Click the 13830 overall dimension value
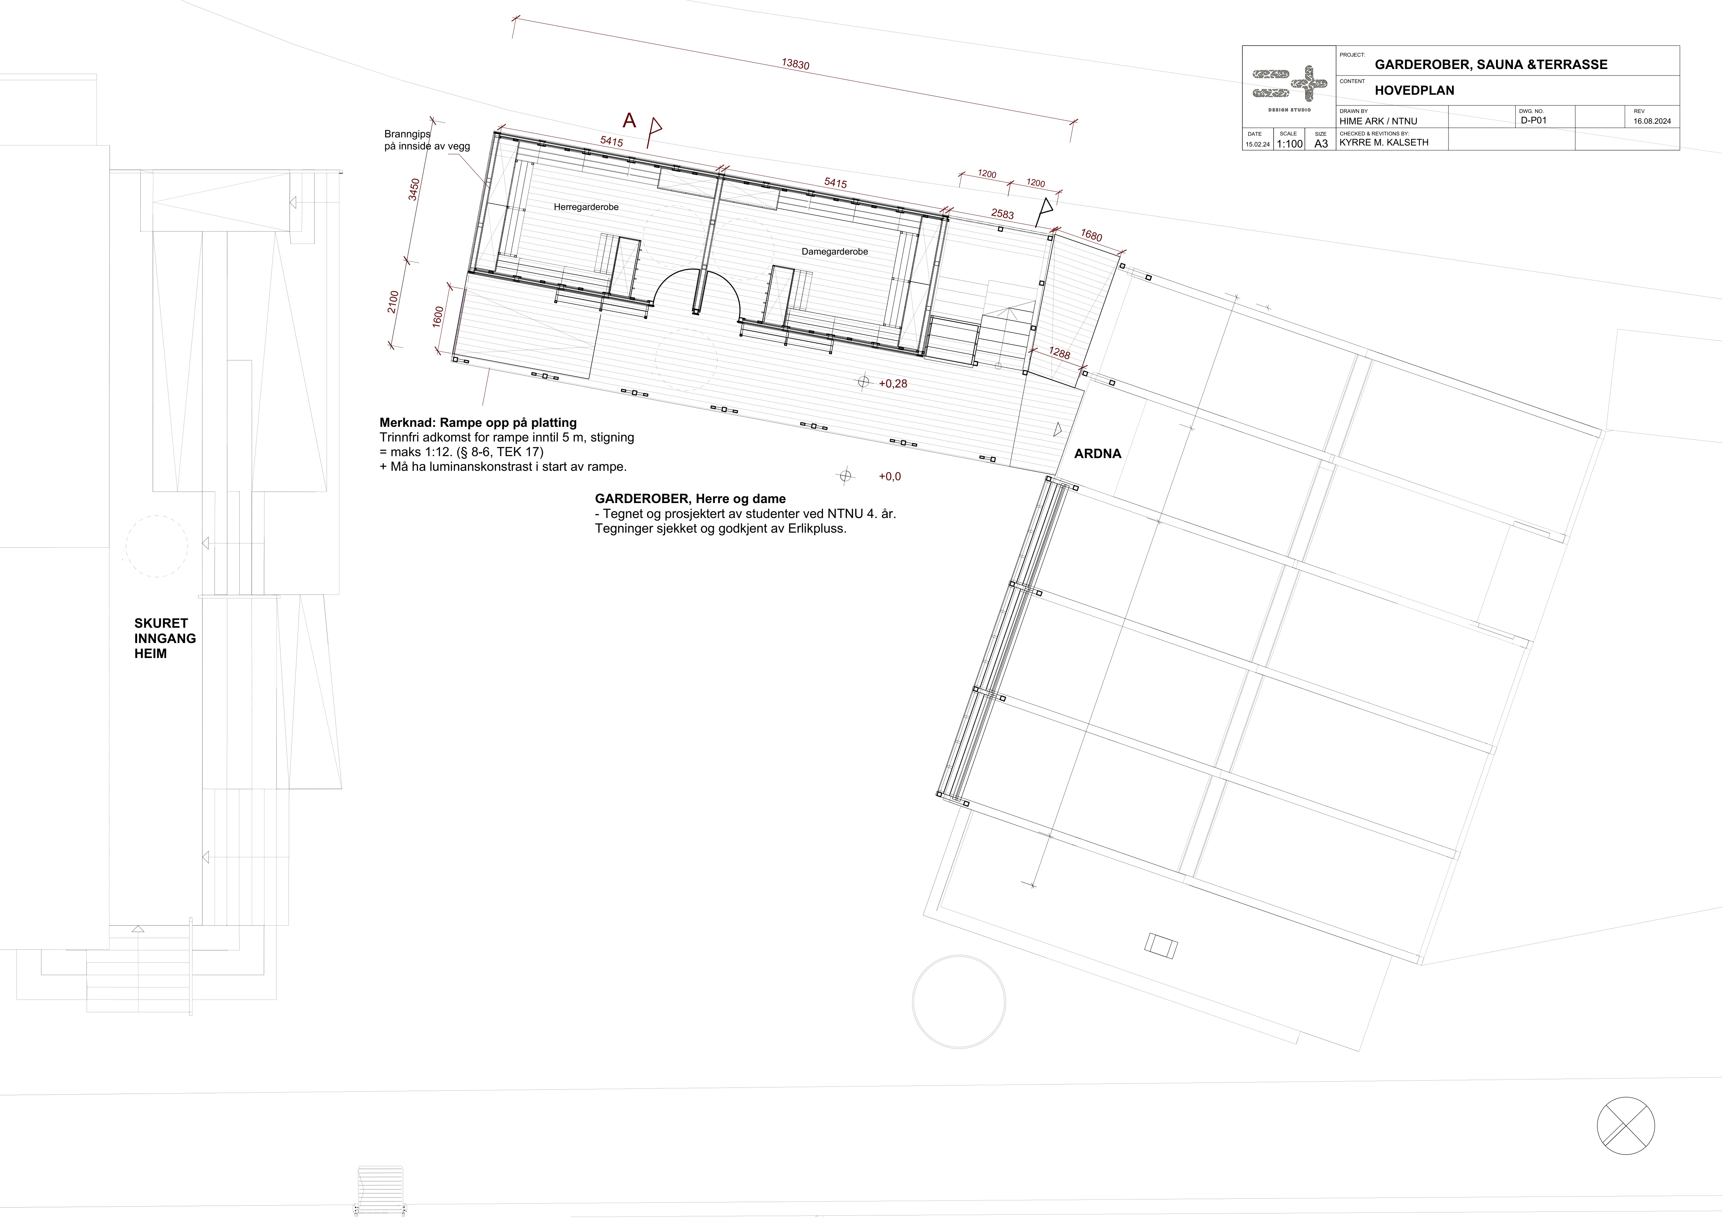pos(796,64)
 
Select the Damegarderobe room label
pos(835,251)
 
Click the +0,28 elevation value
pos(893,384)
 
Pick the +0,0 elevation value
pos(890,477)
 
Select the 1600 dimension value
pos(438,317)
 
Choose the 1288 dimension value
pos(1060,354)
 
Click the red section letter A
pos(629,120)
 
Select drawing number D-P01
pos(1534,120)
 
